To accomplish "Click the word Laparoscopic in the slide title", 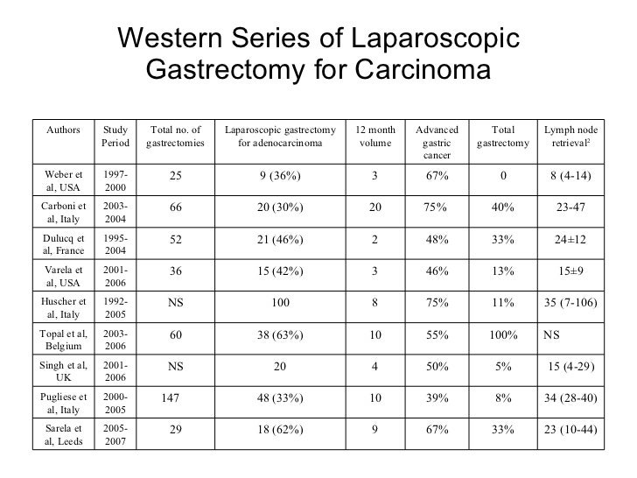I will coord(435,38).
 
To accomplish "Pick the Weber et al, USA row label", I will coord(65,182).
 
